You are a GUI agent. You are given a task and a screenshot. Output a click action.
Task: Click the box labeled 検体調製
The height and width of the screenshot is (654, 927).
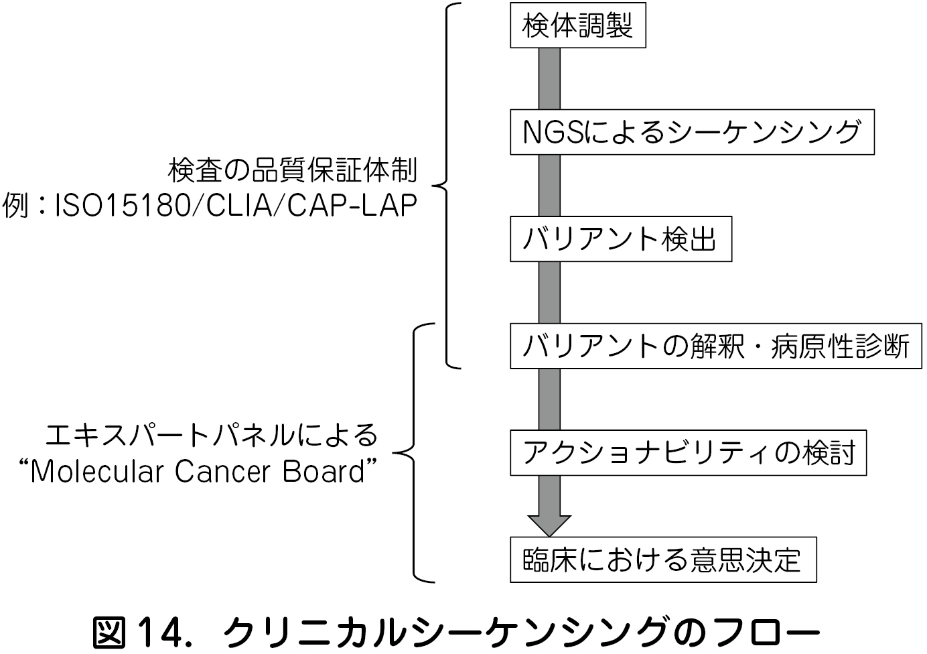point(577,25)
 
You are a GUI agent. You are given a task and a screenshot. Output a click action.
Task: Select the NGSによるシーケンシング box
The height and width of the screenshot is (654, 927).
point(692,132)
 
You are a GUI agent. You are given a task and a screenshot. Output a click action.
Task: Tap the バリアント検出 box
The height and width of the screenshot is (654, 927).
point(620,239)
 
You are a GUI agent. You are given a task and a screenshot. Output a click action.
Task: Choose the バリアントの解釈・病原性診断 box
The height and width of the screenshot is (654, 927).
point(715,346)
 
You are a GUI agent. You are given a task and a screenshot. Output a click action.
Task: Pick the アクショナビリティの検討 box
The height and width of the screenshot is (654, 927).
point(688,453)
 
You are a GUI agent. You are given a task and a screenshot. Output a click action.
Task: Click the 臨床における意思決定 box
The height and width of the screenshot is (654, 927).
point(662,560)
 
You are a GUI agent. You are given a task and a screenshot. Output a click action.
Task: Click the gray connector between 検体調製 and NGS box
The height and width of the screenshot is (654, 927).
point(549,78)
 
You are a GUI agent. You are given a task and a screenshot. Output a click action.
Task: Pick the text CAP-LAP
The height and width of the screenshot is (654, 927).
point(352,206)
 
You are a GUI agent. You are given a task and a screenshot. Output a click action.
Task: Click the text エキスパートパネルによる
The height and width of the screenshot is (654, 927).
point(212,436)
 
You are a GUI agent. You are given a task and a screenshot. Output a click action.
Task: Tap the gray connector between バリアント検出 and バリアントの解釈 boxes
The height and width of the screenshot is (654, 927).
point(549,293)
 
